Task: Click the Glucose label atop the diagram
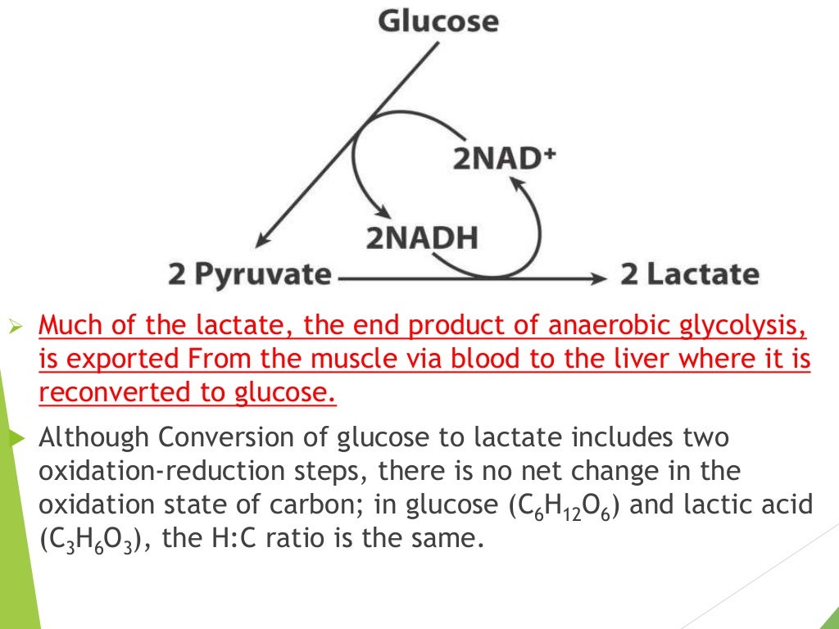pos(438,20)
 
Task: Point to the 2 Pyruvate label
pos(249,274)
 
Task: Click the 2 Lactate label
pos(689,274)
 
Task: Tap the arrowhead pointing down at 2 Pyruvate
pos(261,239)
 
